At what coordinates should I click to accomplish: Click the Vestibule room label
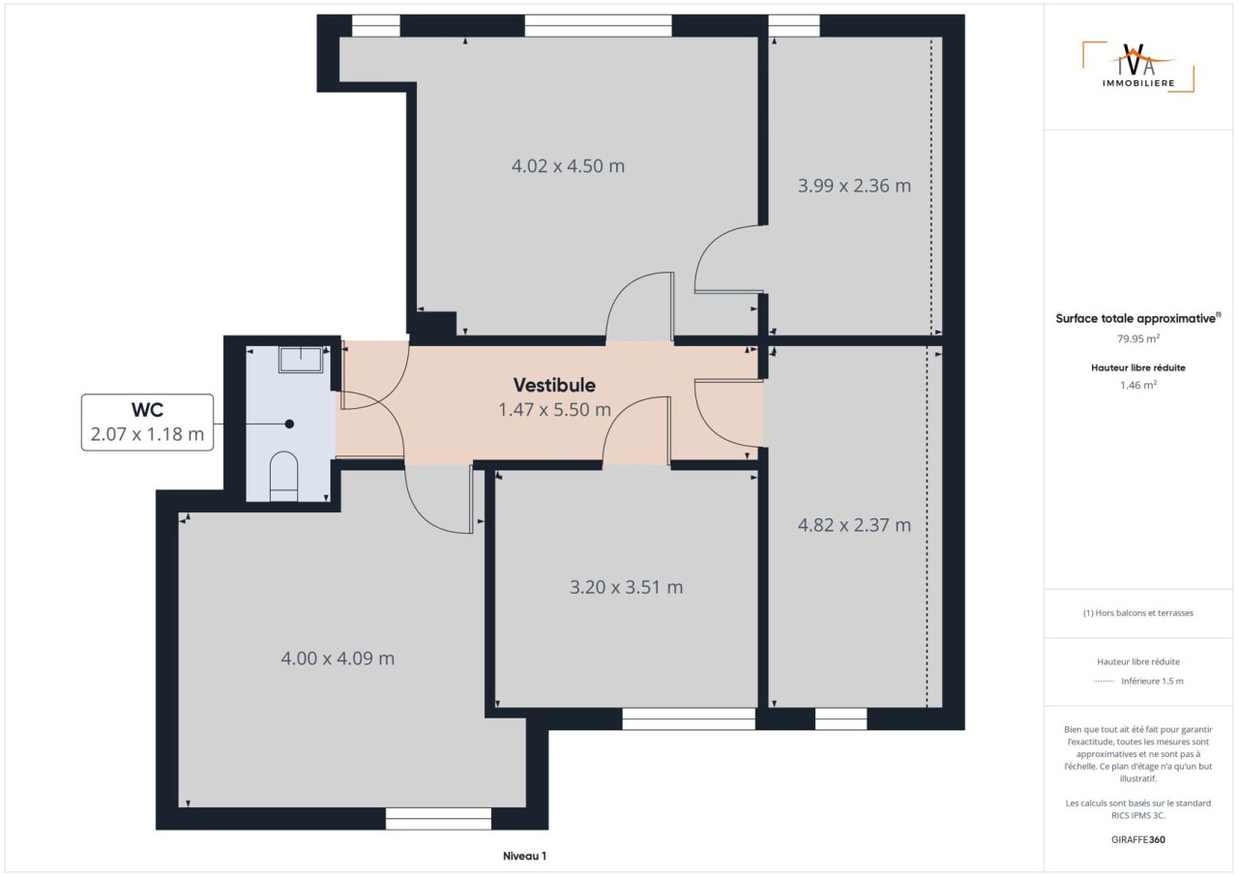pyautogui.click(x=554, y=385)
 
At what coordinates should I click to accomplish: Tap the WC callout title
pyautogui.click(x=147, y=410)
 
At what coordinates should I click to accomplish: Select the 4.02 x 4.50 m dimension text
pyautogui.click(x=568, y=165)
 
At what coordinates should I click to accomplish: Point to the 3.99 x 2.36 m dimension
pyautogui.click(x=854, y=186)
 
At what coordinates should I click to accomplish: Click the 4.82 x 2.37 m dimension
pyautogui.click(x=854, y=525)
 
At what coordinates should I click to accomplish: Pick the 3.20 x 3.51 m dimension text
pyautogui.click(x=626, y=587)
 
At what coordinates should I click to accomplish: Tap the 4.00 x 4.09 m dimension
pyautogui.click(x=338, y=658)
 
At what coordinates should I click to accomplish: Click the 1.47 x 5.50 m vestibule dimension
pyautogui.click(x=554, y=410)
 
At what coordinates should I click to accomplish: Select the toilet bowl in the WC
pyautogui.click(x=283, y=476)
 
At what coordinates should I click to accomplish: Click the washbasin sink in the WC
pyautogui.click(x=301, y=360)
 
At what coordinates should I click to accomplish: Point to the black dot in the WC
pyautogui.click(x=289, y=424)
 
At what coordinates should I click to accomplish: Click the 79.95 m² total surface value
pyautogui.click(x=1138, y=338)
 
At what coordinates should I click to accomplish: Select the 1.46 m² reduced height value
pyautogui.click(x=1138, y=385)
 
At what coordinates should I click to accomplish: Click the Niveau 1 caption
pyautogui.click(x=524, y=856)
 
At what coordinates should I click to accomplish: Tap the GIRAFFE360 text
pyautogui.click(x=1138, y=839)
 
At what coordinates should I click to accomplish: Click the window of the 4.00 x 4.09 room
pyautogui.click(x=438, y=818)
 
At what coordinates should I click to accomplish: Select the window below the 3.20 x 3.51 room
pyautogui.click(x=689, y=718)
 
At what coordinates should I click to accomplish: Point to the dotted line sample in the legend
pyautogui.click(x=1104, y=682)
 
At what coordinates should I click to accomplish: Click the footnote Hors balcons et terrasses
pyautogui.click(x=1138, y=613)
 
